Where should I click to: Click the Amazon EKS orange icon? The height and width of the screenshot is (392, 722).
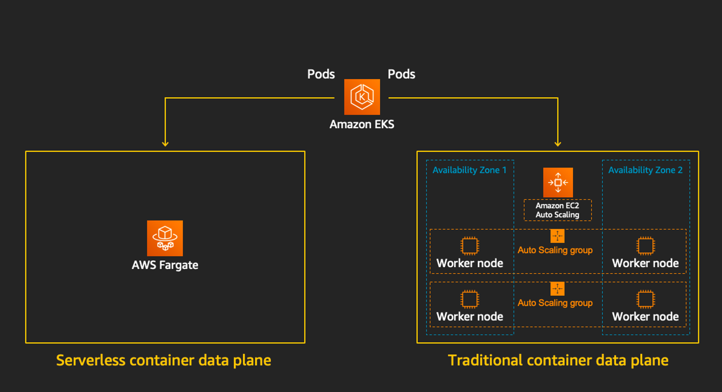[362, 97]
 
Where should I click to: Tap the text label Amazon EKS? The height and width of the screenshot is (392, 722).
[362, 124]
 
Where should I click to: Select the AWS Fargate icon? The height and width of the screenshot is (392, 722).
[165, 238]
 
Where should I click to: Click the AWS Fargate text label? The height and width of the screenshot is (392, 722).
[165, 265]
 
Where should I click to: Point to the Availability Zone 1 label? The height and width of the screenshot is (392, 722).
[469, 170]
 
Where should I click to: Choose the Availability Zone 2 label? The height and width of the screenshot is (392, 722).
[645, 170]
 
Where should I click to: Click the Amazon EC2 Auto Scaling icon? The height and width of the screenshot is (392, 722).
[558, 182]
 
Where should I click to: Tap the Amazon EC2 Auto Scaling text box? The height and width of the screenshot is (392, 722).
[558, 210]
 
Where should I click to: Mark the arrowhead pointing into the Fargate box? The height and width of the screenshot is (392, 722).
[165, 144]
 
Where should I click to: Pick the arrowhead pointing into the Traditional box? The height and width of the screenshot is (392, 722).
[558, 144]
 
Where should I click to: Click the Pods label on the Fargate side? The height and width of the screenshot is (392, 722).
[321, 74]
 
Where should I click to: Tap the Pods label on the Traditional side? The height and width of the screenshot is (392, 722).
[402, 74]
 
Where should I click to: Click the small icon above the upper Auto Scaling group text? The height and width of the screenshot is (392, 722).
[557, 236]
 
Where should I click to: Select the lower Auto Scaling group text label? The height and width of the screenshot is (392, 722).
[555, 303]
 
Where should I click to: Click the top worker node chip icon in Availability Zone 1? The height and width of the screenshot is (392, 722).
[469, 246]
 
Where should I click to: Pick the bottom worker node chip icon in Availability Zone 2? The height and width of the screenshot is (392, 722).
[645, 299]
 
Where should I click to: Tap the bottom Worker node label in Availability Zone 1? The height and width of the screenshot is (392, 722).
[469, 316]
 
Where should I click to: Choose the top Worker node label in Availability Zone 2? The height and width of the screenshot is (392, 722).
[645, 263]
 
